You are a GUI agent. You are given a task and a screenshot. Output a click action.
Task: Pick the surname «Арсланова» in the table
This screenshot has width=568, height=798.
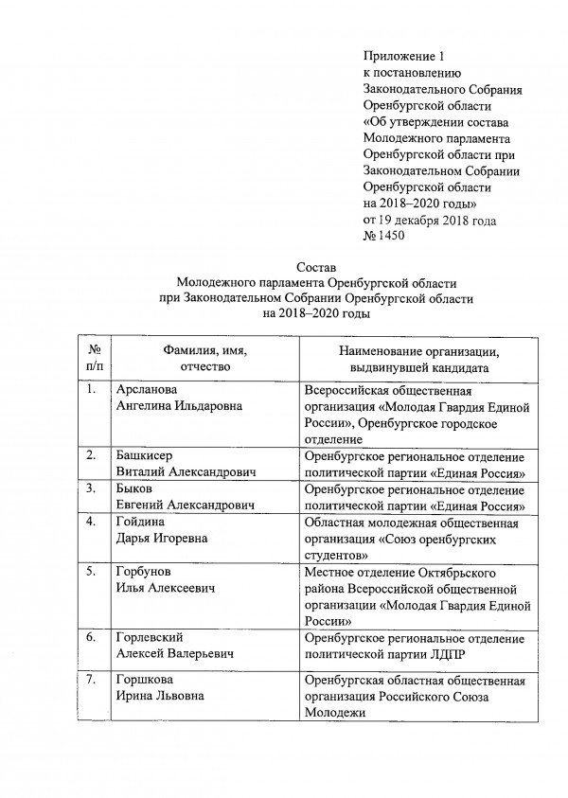[x=147, y=389]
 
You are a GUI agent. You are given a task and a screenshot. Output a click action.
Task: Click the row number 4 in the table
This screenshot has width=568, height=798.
[x=91, y=522]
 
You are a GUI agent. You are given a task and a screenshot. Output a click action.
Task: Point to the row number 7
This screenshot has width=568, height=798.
[x=91, y=681]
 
